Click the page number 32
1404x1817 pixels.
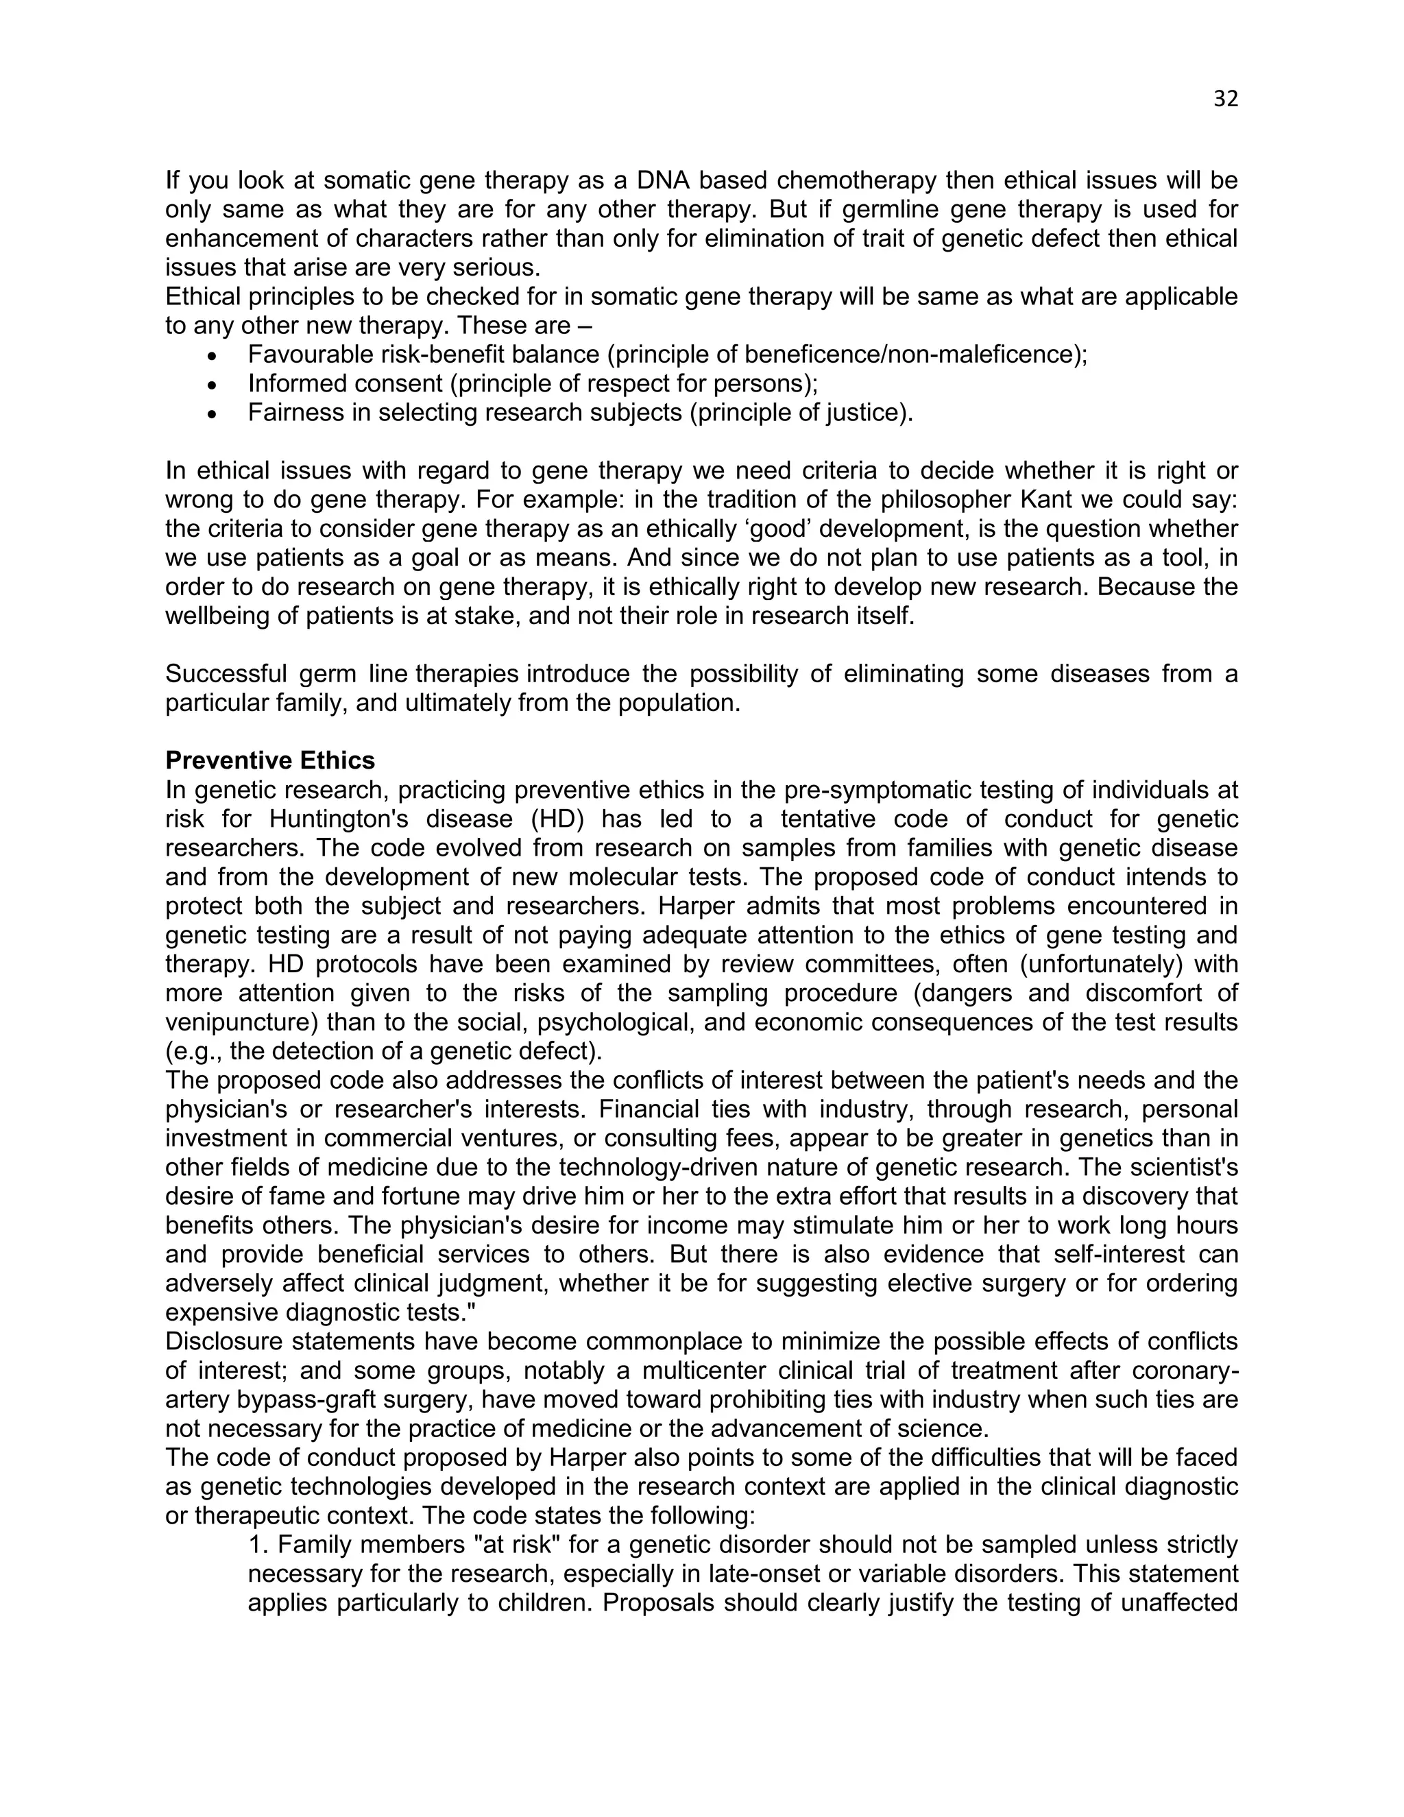1225,99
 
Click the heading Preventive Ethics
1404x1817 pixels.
269,760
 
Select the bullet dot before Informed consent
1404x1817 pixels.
213,385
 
